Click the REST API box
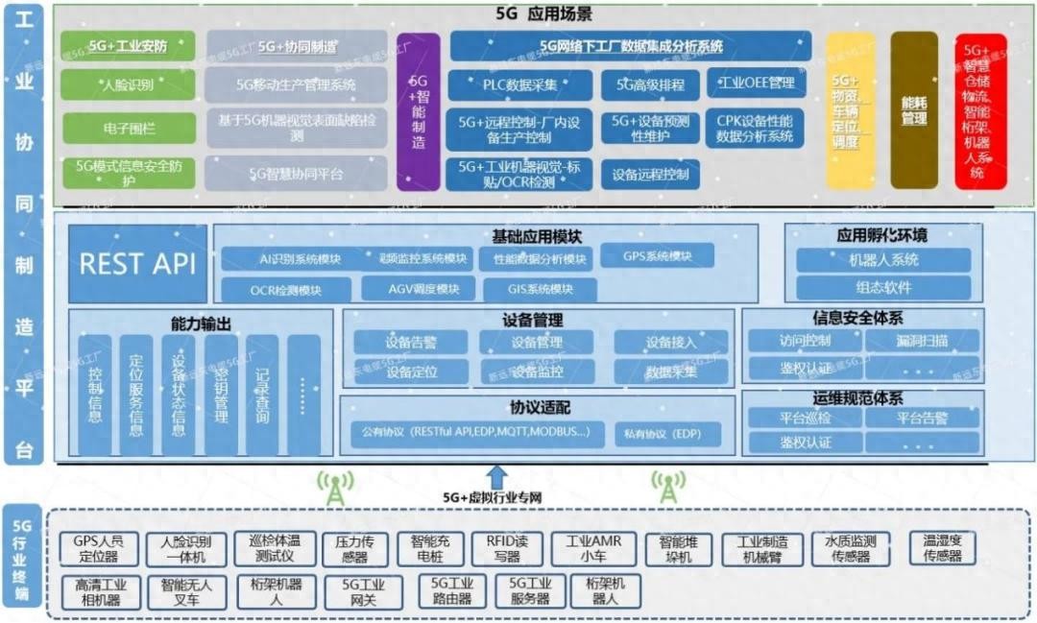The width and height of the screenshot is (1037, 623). coord(138,264)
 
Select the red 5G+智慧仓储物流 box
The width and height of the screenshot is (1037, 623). coord(980,111)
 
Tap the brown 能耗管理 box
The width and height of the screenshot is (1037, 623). coord(913,109)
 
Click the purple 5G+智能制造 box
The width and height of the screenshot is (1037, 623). coord(419,111)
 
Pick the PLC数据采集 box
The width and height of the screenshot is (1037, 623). coord(519,84)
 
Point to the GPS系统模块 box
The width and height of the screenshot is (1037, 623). coord(658,256)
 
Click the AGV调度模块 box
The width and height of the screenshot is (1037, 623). coord(418,289)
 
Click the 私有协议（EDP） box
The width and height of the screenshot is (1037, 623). coord(669,434)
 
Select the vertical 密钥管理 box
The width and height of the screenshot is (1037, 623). coord(221,395)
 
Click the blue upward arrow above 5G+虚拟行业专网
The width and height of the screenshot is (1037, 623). coord(495,476)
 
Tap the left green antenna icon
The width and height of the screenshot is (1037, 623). coord(334,488)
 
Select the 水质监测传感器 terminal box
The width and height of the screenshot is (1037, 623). coord(850,549)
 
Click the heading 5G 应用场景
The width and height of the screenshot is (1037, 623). coord(543,16)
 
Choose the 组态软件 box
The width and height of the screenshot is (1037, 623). coord(884,287)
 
